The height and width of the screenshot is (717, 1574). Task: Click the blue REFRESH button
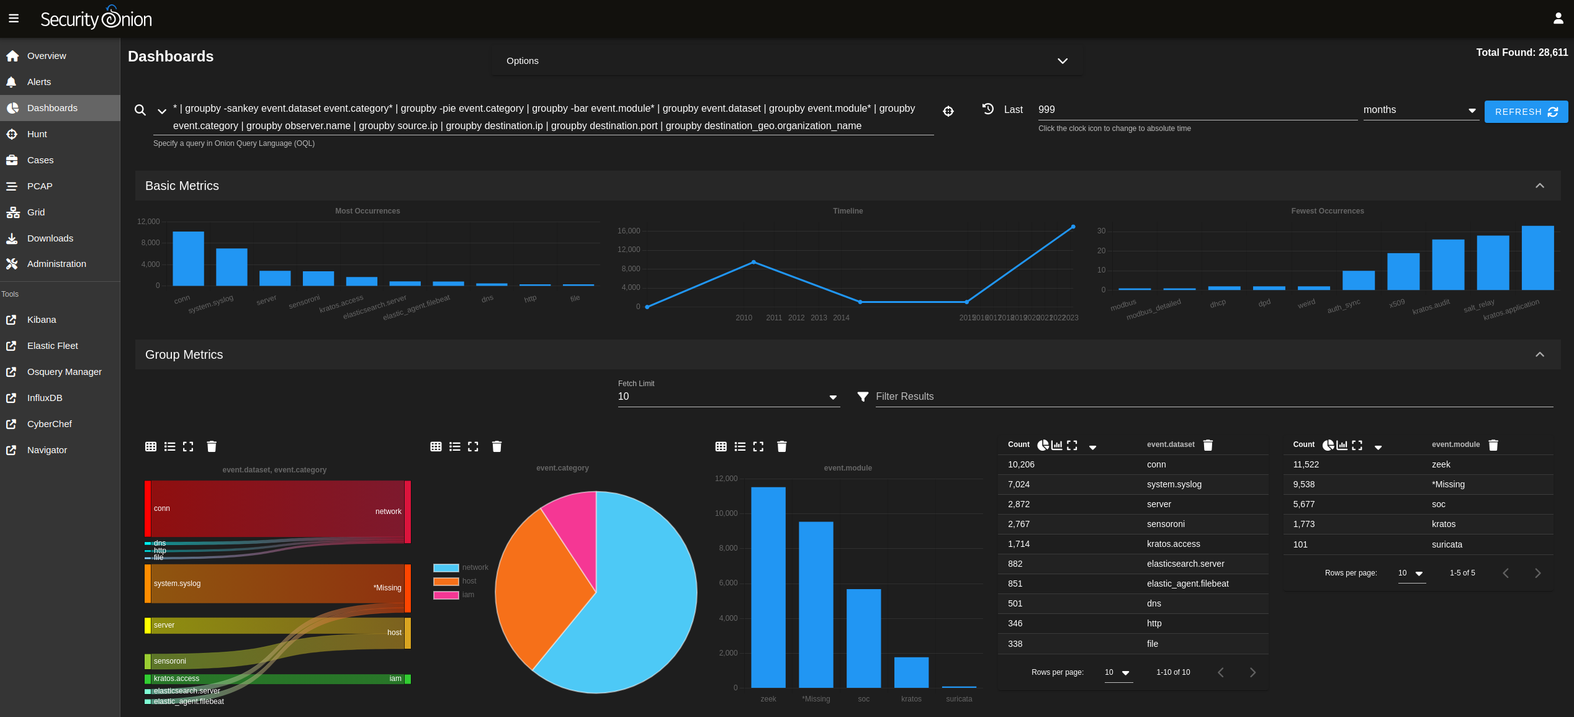click(1525, 112)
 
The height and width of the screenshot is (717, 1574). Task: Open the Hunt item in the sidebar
click(37, 134)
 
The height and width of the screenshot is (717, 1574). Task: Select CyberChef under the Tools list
click(49, 424)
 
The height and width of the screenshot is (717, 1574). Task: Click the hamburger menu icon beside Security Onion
click(14, 19)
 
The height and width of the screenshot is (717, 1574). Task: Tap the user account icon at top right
click(1558, 19)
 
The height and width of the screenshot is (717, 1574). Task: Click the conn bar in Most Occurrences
click(188, 258)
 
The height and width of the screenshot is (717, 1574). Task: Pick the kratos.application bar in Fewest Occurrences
click(1537, 258)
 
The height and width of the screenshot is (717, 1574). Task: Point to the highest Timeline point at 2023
click(1073, 227)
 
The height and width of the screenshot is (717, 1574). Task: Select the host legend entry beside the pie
click(469, 581)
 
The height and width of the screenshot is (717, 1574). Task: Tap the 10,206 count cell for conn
click(1021, 464)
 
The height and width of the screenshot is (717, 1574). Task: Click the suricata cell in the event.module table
click(1447, 544)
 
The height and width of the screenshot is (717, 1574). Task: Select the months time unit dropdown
click(1419, 110)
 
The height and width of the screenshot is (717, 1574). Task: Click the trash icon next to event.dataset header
click(1208, 445)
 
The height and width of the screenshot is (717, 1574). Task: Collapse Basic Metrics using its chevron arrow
click(1539, 186)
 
